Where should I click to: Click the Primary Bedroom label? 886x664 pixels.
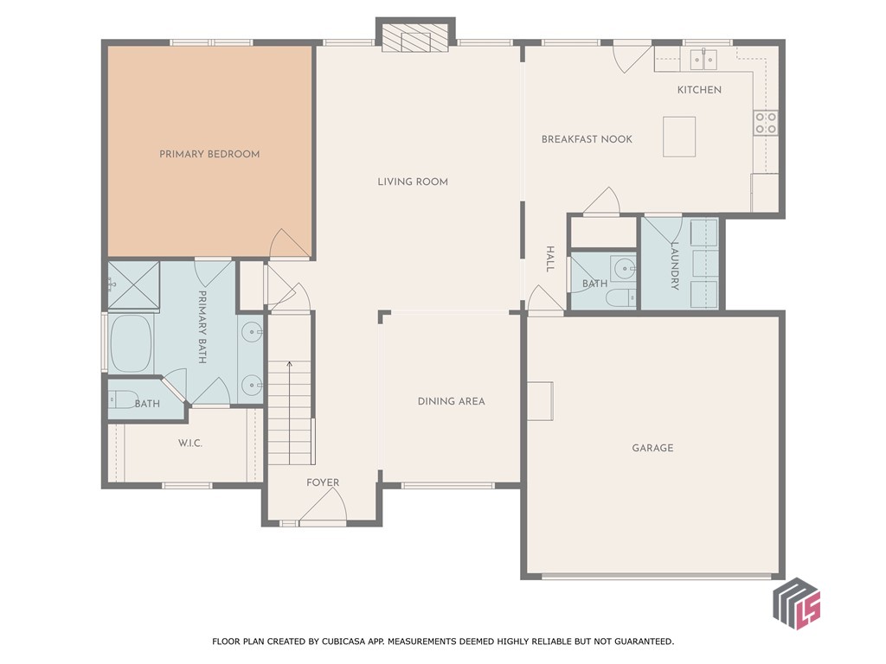click(x=209, y=154)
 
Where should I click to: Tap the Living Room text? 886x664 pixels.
click(x=412, y=182)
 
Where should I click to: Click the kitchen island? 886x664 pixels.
click(x=679, y=137)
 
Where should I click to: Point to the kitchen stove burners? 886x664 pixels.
click(x=765, y=123)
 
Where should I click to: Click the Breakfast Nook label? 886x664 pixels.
click(x=587, y=139)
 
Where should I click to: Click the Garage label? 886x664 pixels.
click(x=652, y=448)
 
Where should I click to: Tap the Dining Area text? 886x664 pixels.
click(x=451, y=401)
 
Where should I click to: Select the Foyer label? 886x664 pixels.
click(x=323, y=482)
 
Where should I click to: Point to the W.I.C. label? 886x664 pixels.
click(x=189, y=443)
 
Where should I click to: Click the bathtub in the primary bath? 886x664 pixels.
click(x=131, y=343)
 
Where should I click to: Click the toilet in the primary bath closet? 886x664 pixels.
click(x=123, y=400)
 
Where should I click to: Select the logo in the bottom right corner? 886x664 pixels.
click(x=796, y=604)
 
